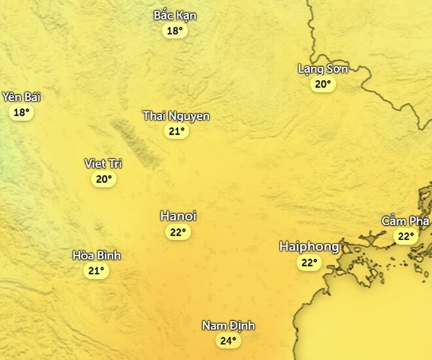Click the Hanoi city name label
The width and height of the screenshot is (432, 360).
pyautogui.click(x=178, y=217)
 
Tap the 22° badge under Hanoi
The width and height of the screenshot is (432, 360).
pyautogui.click(x=178, y=232)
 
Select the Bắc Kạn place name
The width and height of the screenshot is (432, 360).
pyautogui.click(x=175, y=16)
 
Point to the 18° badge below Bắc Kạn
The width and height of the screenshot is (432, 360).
pyautogui.click(x=174, y=31)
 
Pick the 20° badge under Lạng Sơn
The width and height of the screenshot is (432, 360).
pyautogui.click(x=322, y=84)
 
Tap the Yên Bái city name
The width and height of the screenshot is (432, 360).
pyautogui.click(x=22, y=98)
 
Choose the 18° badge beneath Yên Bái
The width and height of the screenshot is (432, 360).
pyautogui.click(x=22, y=113)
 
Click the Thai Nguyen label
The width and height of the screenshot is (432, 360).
pyautogui.click(x=176, y=117)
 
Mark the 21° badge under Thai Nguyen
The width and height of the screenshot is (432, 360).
pyautogui.click(x=176, y=132)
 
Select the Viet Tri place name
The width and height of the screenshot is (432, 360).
pyautogui.click(x=103, y=164)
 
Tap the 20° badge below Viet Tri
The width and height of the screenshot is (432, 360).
pyautogui.click(x=103, y=179)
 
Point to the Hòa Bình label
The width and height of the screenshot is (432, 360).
pyautogui.click(x=97, y=256)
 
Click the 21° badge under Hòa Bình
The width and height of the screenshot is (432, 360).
pyautogui.click(x=97, y=271)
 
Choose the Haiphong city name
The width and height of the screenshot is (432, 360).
pyautogui.click(x=309, y=247)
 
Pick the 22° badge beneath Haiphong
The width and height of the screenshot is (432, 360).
pyautogui.click(x=308, y=263)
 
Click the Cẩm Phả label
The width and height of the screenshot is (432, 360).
pyautogui.click(x=406, y=221)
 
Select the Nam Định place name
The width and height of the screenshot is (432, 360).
pyautogui.click(x=228, y=326)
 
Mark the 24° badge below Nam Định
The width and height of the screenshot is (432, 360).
pyautogui.click(x=227, y=341)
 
